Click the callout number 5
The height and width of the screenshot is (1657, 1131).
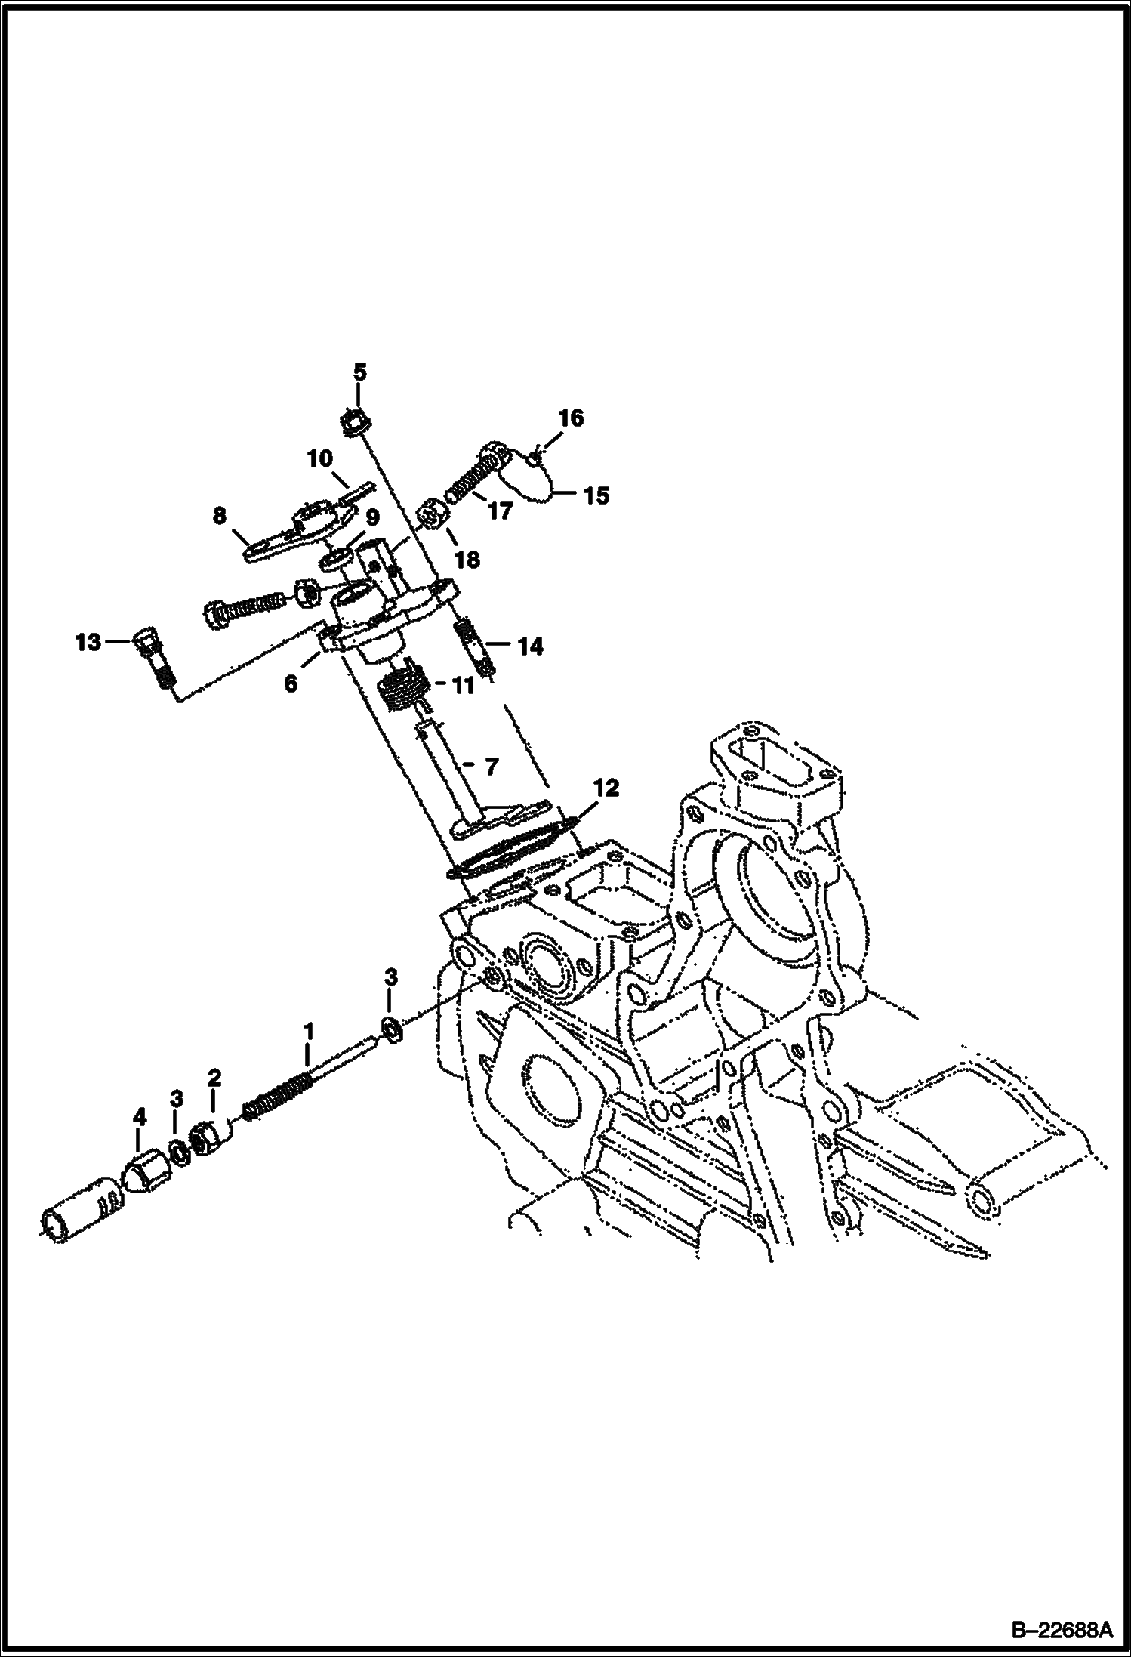(359, 372)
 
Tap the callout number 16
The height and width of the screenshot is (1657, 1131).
(571, 418)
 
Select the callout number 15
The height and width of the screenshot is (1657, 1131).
(596, 496)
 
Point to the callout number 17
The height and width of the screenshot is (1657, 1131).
(500, 511)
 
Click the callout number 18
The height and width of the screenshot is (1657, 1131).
(467, 560)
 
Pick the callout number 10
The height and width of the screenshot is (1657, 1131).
(319, 458)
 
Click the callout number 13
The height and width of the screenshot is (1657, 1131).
(88, 643)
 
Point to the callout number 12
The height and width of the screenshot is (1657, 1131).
(606, 788)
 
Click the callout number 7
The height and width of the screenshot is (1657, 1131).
(491, 767)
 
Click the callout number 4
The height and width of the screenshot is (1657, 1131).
(139, 1117)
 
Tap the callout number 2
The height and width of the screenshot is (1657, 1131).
(214, 1078)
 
